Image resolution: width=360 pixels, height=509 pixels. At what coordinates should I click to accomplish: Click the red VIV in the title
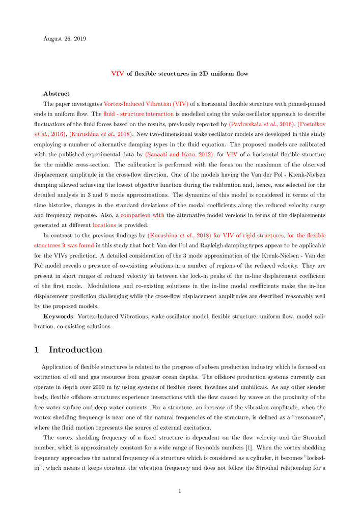coord(118,74)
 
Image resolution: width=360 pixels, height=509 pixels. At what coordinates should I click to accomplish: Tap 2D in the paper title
coord(200,74)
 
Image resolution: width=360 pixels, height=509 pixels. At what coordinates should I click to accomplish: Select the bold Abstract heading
coord(57,94)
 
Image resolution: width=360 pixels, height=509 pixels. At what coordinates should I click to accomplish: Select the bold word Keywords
coord(59,317)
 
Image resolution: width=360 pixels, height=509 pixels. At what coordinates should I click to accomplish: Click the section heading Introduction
coord(75,350)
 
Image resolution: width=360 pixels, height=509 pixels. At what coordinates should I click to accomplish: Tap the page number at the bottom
coord(180,491)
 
